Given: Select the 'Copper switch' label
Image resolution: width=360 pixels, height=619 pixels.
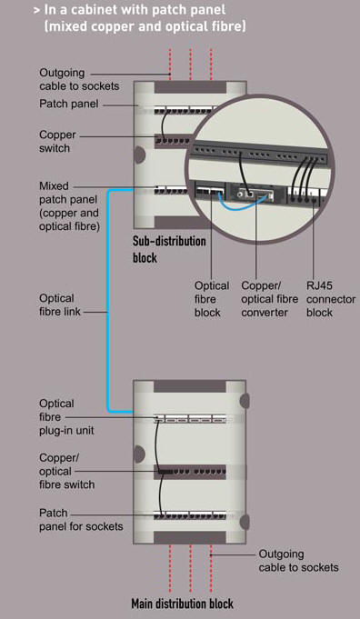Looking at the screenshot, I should [x=57, y=141].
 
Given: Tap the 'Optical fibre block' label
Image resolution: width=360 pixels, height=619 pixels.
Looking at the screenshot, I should [x=211, y=299].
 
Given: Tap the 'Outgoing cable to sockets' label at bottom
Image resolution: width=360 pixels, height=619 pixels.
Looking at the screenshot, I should [x=298, y=560].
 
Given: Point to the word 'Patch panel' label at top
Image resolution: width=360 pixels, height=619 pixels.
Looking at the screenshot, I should [x=67, y=105].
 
